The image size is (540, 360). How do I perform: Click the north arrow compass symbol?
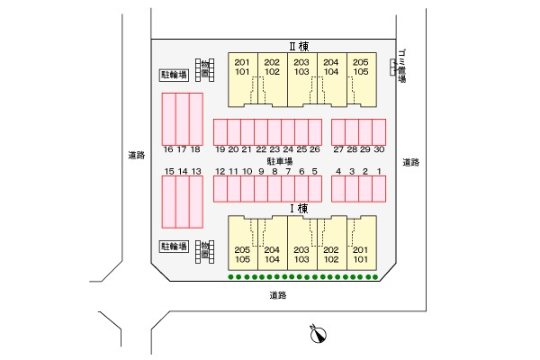coord(318,336)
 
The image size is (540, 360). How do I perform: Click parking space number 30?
coord(379,132)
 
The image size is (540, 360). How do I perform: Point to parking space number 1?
coord(379,188)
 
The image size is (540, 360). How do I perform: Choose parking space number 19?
coord(220,132)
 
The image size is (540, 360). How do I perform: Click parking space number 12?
coord(220,188)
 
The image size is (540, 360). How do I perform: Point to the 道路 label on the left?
coord(136,156)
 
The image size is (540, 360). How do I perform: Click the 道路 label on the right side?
coord(411,163)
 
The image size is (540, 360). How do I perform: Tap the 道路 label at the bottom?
coord(277,295)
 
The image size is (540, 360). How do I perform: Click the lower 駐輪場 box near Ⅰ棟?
coord(174,246)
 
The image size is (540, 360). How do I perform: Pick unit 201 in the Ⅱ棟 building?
coord(242,61)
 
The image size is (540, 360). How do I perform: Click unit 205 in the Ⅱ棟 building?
coord(360,61)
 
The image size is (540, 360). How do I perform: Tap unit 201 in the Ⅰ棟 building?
coord(360,250)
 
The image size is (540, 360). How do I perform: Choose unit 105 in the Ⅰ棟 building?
coord(242,260)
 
